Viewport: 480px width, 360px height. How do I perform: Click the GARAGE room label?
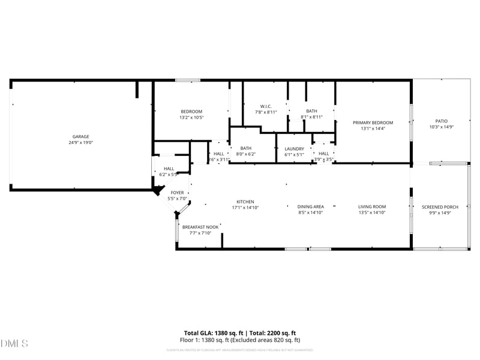(x=81, y=137)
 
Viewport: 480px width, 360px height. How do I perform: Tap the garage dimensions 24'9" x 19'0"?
(x=81, y=143)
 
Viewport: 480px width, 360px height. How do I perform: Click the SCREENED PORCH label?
(x=440, y=207)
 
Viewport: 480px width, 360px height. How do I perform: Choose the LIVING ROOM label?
(x=371, y=207)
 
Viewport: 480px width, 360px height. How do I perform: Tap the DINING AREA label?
(x=311, y=207)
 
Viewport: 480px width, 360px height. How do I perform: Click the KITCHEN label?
(x=245, y=202)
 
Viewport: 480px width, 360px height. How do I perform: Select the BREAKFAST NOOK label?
(x=200, y=227)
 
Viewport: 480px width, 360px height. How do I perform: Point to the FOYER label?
(x=177, y=193)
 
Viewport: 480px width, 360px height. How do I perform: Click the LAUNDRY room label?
(x=294, y=149)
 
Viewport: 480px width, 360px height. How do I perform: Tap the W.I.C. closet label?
(x=266, y=106)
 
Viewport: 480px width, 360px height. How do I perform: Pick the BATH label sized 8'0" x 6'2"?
(x=246, y=149)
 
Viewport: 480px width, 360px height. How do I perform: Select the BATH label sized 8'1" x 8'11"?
(x=311, y=111)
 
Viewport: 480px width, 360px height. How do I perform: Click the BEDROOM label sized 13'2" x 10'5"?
(x=191, y=112)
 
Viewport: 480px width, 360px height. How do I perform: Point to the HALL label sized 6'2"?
(x=169, y=169)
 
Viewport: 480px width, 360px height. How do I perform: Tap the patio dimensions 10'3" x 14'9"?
(x=441, y=127)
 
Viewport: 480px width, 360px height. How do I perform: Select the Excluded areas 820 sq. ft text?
(x=270, y=340)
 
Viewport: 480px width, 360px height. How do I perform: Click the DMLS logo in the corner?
(x=14, y=344)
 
